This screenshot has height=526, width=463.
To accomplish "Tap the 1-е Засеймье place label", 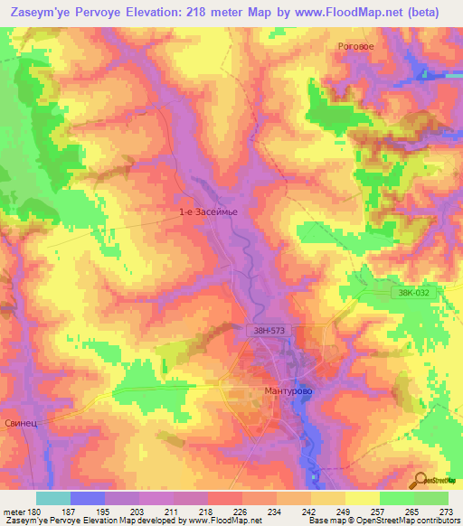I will [x=207, y=211].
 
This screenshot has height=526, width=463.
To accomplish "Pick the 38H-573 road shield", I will [x=269, y=332].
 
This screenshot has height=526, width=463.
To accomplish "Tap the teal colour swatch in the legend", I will [x=53, y=497].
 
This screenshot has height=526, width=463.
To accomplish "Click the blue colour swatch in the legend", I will [x=88, y=497].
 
